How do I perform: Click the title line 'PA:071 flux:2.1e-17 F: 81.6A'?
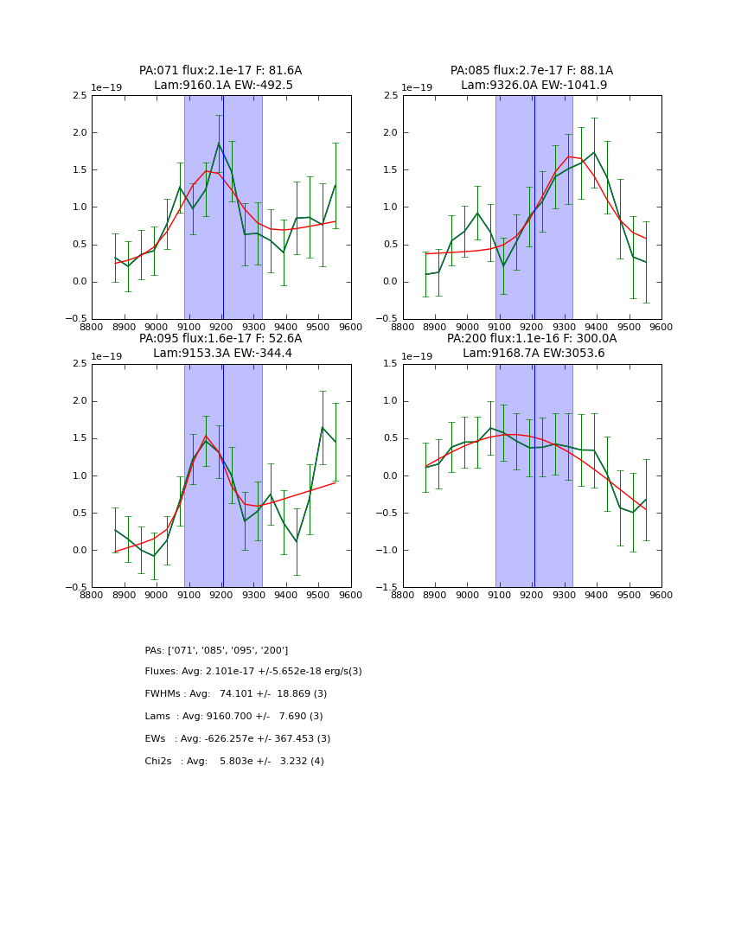[x=220, y=71]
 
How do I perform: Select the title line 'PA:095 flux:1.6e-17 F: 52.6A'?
[x=220, y=339]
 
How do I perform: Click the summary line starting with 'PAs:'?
[x=216, y=650]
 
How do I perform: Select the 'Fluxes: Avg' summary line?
[x=253, y=672]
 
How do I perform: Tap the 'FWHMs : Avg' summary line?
[x=236, y=694]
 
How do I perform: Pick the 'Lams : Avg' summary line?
[x=233, y=717]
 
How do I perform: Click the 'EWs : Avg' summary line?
[x=238, y=739]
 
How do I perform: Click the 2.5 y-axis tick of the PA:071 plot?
[x=79, y=96]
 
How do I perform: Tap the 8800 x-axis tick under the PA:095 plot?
[x=92, y=595]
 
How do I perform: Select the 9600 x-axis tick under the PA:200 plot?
[x=661, y=595]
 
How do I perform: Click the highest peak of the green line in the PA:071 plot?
[x=219, y=144]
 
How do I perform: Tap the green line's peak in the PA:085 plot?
[x=593, y=153]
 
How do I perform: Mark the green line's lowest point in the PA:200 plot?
[x=632, y=513]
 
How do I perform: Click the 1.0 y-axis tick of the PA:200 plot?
[x=390, y=401]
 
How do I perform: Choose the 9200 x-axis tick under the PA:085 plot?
[x=532, y=327]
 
